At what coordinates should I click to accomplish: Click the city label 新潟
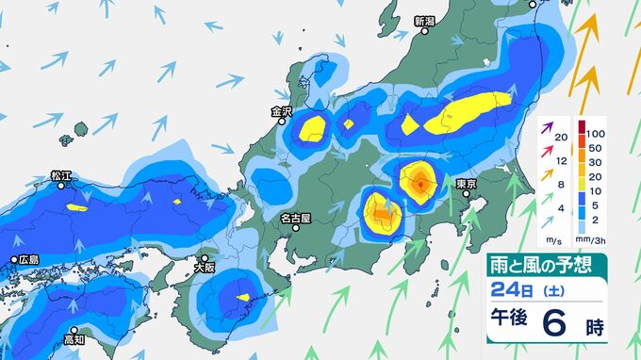pos(424,21)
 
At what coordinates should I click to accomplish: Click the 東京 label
pos(466,183)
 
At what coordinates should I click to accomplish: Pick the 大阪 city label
pos(205,268)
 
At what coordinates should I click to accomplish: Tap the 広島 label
pos(27,259)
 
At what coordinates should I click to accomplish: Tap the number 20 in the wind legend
pos(562,139)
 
